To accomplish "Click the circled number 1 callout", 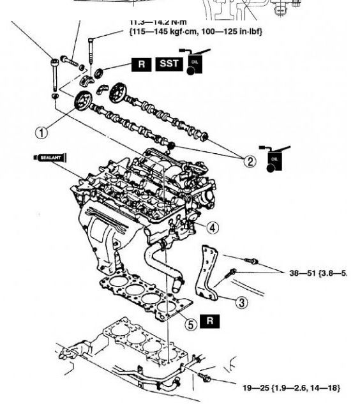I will click(x=42, y=132).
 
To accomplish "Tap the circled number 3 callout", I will click(x=241, y=303).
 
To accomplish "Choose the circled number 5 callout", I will click(x=191, y=324).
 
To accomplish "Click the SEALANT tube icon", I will click(x=49, y=156).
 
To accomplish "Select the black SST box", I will click(x=169, y=64).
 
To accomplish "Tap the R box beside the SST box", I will click(x=142, y=64).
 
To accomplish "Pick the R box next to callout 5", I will click(x=209, y=321).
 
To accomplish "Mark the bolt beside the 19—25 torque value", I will click(x=206, y=379).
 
